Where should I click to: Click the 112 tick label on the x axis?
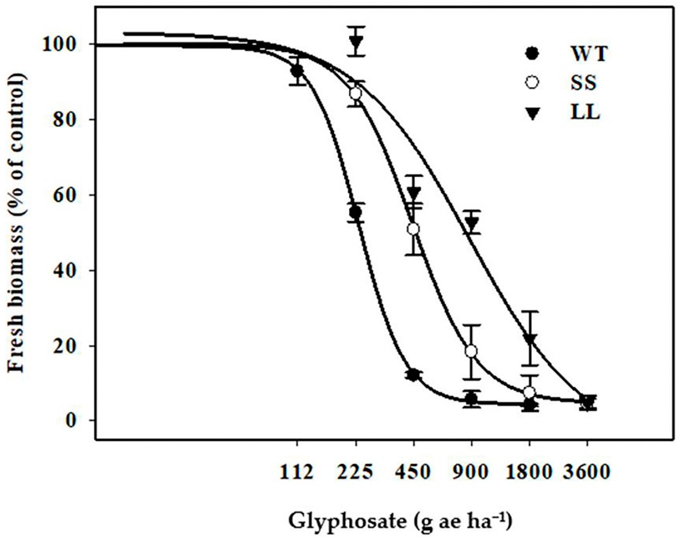pyautogui.click(x=297, y=472)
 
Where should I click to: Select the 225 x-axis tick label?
pyautogui.click(x=355, y=472)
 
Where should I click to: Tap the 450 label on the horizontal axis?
pyautogui.click(x=413, y=472)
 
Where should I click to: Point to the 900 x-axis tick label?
pyautogui.click(x=471, y=472)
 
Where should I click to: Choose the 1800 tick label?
pyautogui.click(x=529, y=472)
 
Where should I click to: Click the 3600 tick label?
pyautogui.click(x=587, y=472)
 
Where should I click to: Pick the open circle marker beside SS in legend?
pyautogui.click(x=532, y=83)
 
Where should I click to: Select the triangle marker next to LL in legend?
pyautogui.click(x=532, y=114)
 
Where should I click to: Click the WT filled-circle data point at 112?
pyautogui.click(x=297, y=71)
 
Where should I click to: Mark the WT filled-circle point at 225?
pyautogui.click(x=355, y=212)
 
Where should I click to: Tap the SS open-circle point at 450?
pyautogui.click(x=413, y=229)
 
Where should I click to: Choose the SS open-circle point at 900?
pyautogui.click(x=471, y=351)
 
